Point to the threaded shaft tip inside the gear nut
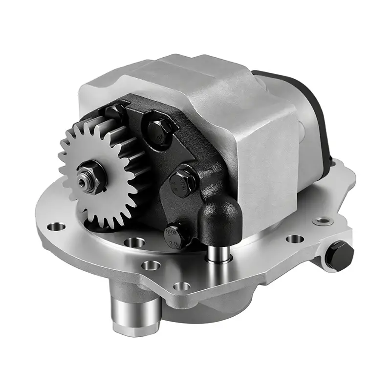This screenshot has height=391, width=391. click(83, 181)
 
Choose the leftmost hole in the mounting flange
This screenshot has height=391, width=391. click(58, 226)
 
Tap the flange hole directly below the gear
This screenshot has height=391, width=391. click(134, 241)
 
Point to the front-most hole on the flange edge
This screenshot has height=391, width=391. click(181, 286)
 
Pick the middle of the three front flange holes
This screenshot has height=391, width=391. click(151, 265)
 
